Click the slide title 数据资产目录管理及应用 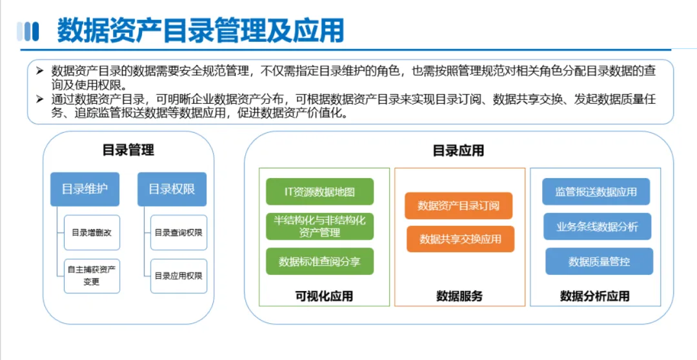click(x=201, y=30)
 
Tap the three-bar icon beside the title click(x=28, y=32)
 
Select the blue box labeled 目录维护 click(x=85, y=189)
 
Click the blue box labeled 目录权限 click(x=172, y=189)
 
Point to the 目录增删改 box click(x=92, y=232)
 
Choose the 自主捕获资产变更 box click(x=92, y=276)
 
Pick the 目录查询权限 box click(x=179, y=232)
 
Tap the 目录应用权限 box click(x=179, y=276)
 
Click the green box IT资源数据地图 click(x=320, y=192)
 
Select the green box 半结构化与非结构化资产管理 click(x=320, y=226)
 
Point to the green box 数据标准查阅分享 click(x=320, y=261)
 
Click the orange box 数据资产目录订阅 click(x=459, y=206)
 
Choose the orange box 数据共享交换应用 click(x=461, y=239)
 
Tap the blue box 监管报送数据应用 click(x=596, y=192)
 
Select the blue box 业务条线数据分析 click(x=598, y=226)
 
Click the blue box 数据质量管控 click(x=599, y=261)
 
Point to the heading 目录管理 click(x=128, y=150)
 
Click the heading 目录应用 click(x=458, y=150)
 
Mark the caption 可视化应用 click(x=324, y=296)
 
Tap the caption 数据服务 click(x=460, y=296)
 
